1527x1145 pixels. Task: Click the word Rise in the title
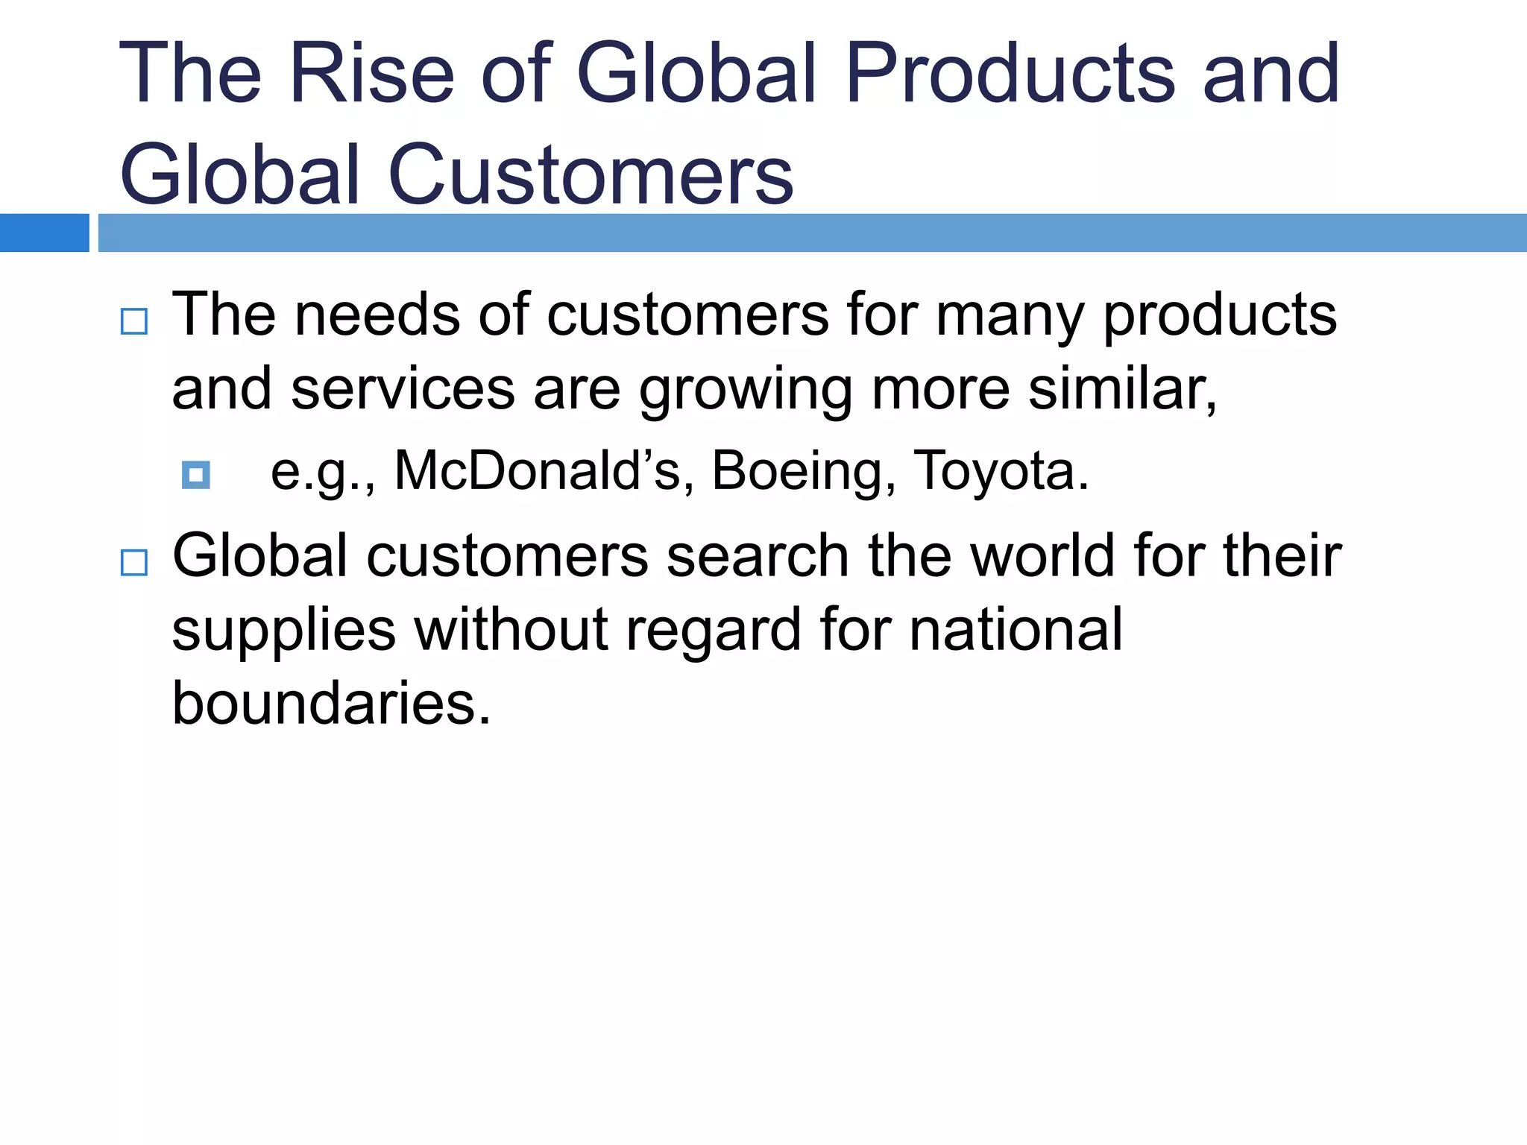[371, 73]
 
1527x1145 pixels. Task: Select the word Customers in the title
[591, 174]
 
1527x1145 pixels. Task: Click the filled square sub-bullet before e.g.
[196, 475]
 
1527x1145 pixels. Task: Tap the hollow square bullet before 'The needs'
[134, 321]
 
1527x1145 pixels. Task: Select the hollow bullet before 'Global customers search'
[134, 563]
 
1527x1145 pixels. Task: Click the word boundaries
[331, 702]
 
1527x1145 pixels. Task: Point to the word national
[1016, 629]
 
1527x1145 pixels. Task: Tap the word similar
[1122, 389]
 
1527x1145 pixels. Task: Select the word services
[403, 389]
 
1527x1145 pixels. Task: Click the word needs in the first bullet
[377, 315]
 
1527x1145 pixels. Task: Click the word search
[758, 555]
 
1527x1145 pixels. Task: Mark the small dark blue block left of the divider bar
[44, 233]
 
